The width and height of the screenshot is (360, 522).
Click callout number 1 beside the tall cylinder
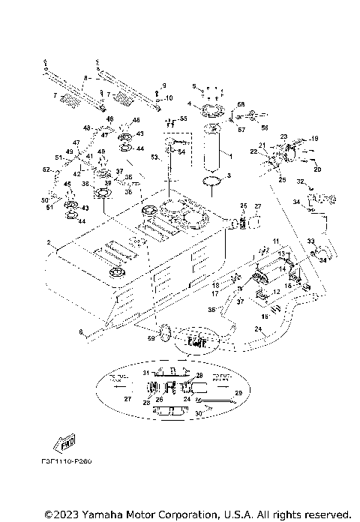coord(229,156)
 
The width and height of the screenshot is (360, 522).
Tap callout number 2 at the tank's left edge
coord(48,243)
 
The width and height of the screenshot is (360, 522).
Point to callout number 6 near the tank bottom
coord(80,331)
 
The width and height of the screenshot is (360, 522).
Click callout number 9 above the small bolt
coord(165,85)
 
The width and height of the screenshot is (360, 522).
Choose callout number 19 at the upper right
coord(315,139)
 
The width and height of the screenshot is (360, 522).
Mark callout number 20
coord(316,169)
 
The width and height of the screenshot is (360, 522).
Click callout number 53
coord(154,157)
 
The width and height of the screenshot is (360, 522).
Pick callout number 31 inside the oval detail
coord(146,373)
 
